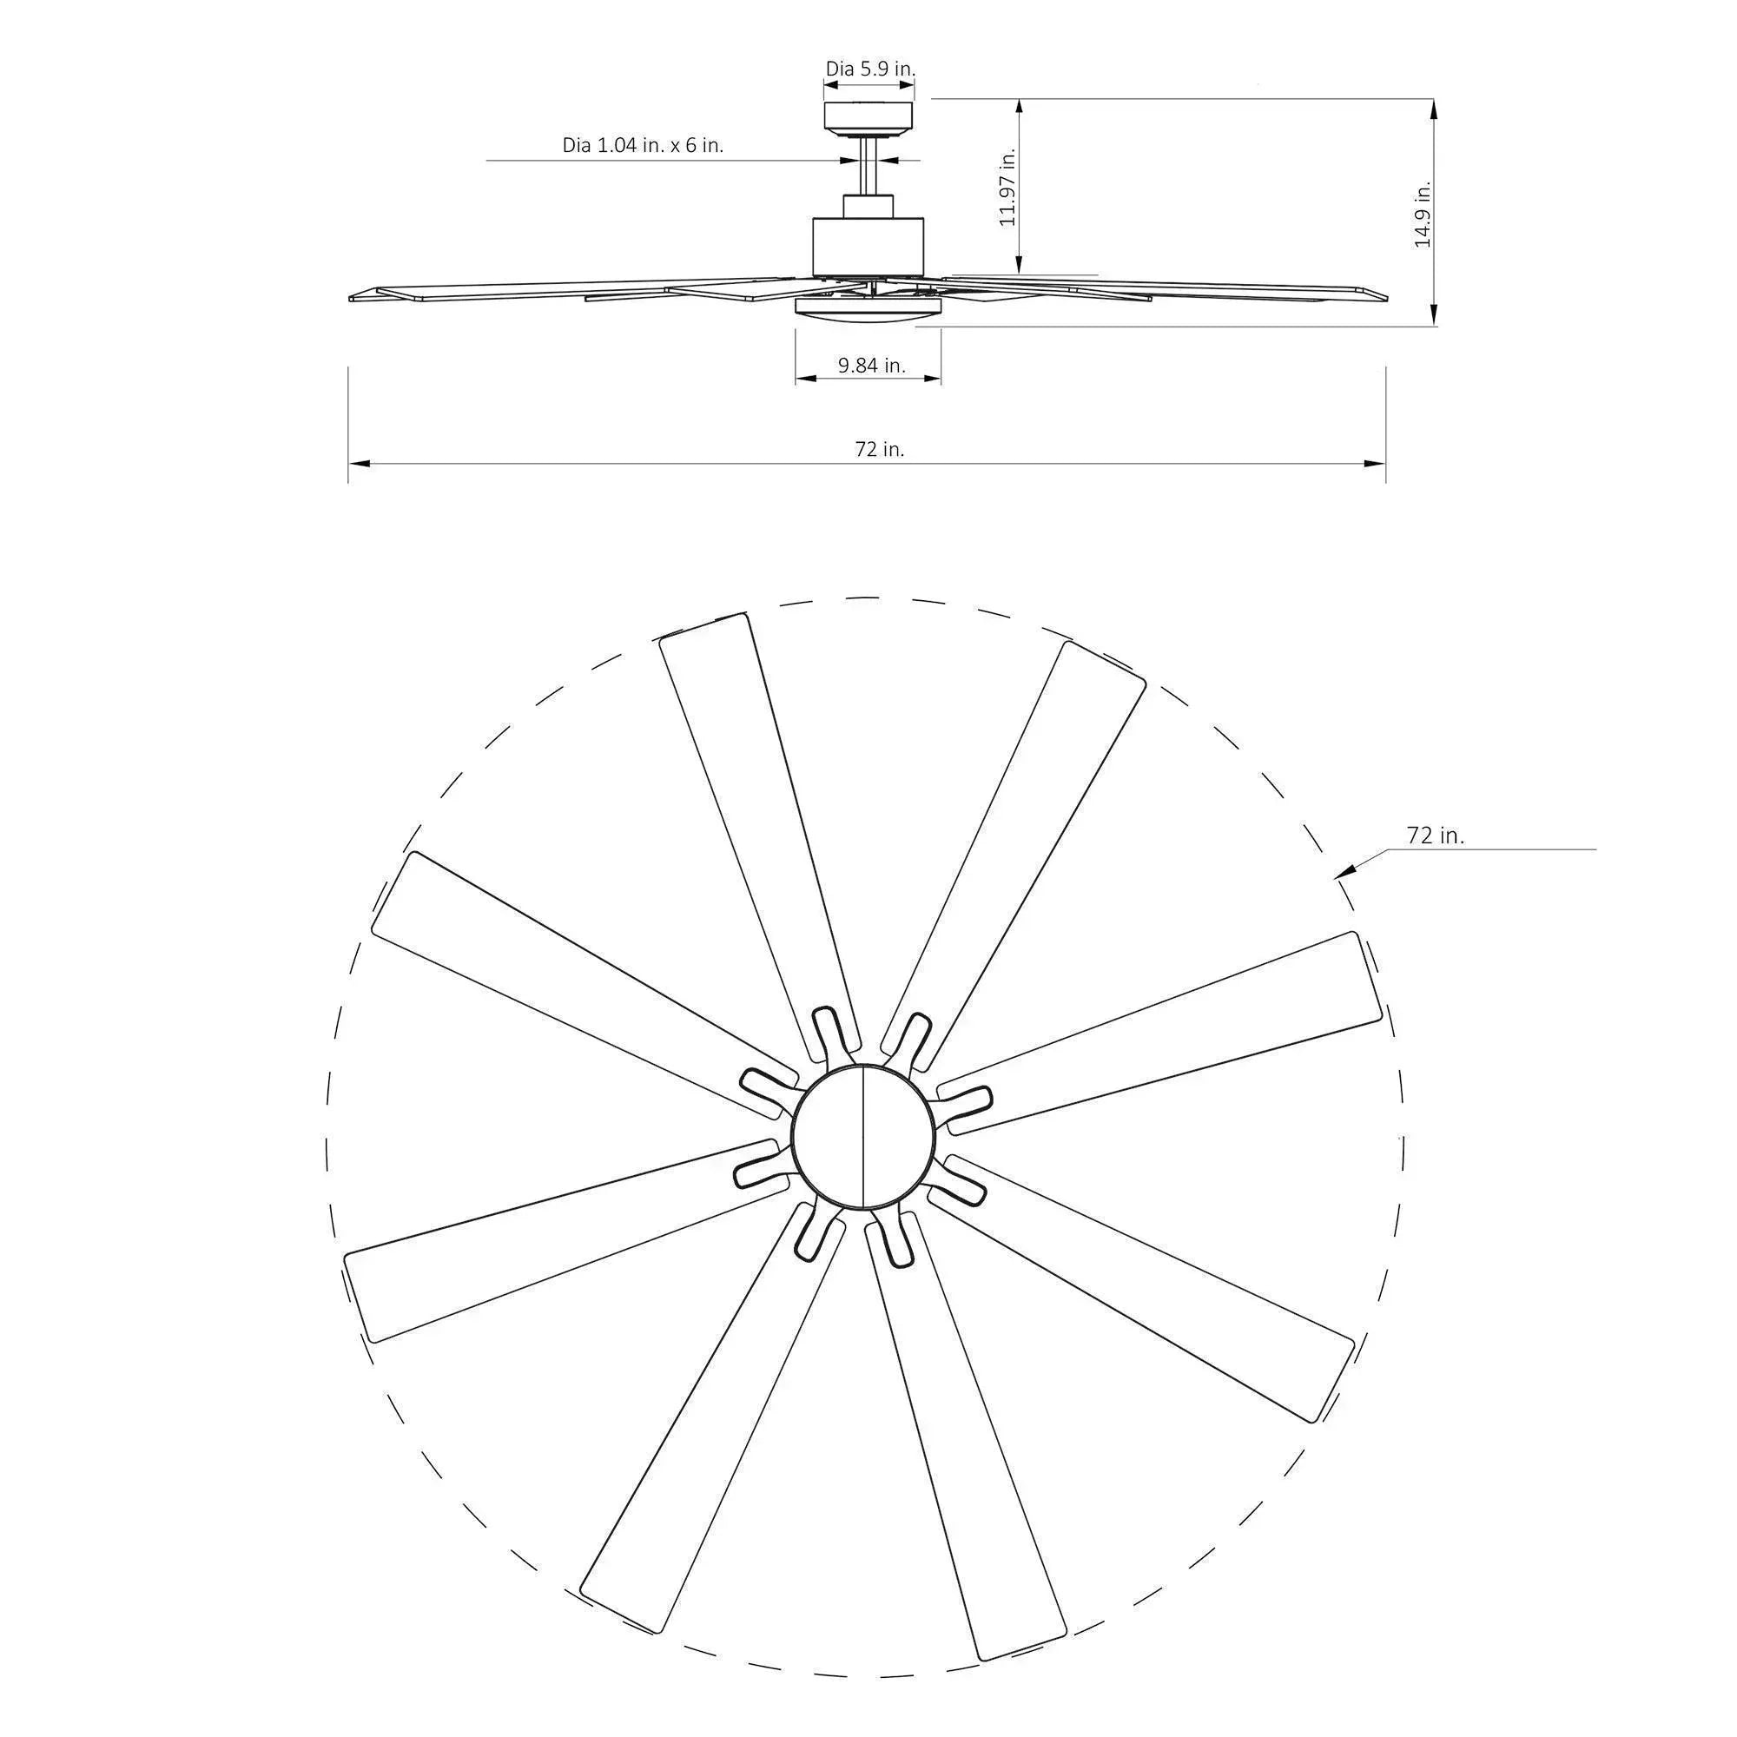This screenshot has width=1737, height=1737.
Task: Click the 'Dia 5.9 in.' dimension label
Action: click(x=870, y=69)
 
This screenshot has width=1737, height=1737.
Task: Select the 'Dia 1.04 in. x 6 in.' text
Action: click(x=643, y=145)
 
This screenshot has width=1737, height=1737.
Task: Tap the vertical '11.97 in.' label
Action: click(x=1007, y=187)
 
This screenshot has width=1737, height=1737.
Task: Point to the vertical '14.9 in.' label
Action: click(x=1423, y=214)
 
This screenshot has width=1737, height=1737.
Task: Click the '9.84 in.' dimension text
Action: click(x=871, y=365)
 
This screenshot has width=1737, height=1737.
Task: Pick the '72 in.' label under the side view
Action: click(x=879, y=450)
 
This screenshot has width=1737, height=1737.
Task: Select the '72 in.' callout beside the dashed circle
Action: click(x=1435, y=835)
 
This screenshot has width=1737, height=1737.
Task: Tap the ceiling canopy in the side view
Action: click(x=868, y=117)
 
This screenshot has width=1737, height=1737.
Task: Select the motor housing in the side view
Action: click(x=868, y=247)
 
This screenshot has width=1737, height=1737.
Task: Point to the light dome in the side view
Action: click(x=868, y=307)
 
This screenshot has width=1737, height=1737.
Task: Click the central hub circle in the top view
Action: click(x=862, y=1135)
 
